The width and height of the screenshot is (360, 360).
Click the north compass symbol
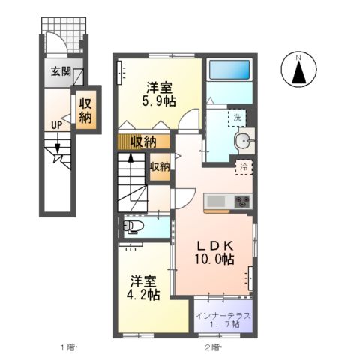click(298, 70)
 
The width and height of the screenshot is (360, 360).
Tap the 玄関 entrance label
click(61, 72)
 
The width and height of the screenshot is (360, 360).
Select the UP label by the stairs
click(56, 125)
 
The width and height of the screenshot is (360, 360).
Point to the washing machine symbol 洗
click(237, 118)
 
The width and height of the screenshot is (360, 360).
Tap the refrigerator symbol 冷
click(244, 168)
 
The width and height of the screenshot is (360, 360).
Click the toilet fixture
click(134, 226)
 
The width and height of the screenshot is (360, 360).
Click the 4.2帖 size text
click(143, 295)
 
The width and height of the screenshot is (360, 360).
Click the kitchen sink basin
click(215, 201)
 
